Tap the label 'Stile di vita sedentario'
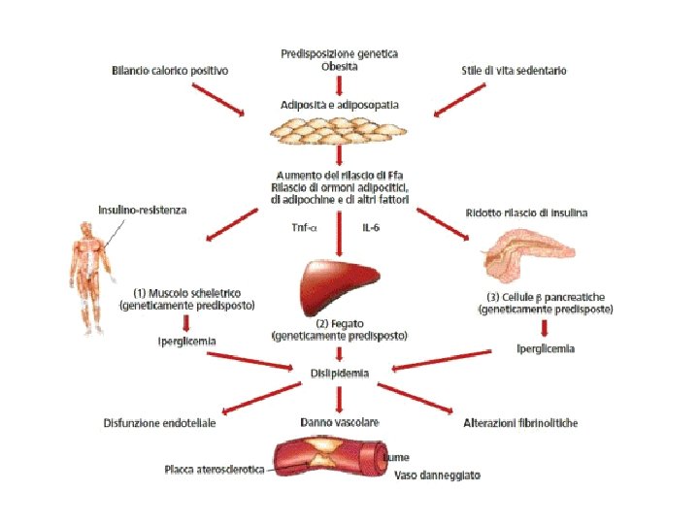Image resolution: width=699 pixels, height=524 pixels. click(514, 70)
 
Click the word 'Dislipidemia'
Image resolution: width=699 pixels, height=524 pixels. click(339, 372)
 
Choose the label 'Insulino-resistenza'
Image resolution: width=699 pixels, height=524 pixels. click(143, 210)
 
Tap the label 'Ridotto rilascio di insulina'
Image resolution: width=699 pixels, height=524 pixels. click(526, 213)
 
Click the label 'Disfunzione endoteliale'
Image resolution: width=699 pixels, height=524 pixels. click(159, 423)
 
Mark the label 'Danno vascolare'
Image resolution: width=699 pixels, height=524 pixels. click(339, 423)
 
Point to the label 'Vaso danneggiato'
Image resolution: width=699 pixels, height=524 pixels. click(437, 475)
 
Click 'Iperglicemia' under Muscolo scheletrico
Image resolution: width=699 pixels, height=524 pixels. click(187, 342)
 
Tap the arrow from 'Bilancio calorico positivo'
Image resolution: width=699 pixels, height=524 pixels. click(218, 99)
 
